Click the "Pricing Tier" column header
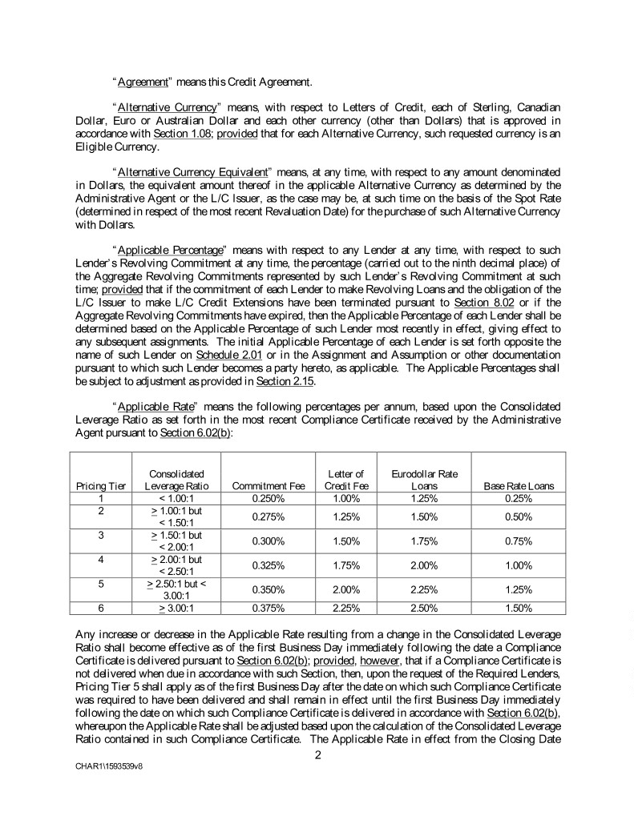click(95, 486)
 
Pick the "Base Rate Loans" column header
click(519, 486)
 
